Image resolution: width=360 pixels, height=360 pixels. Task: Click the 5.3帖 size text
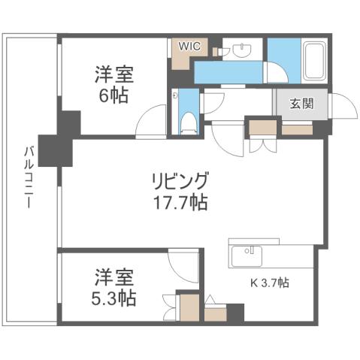(110, 298)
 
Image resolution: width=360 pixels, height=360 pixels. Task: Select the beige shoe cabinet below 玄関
(297, 129)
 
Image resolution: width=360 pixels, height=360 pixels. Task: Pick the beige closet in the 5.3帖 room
(188, 308)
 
